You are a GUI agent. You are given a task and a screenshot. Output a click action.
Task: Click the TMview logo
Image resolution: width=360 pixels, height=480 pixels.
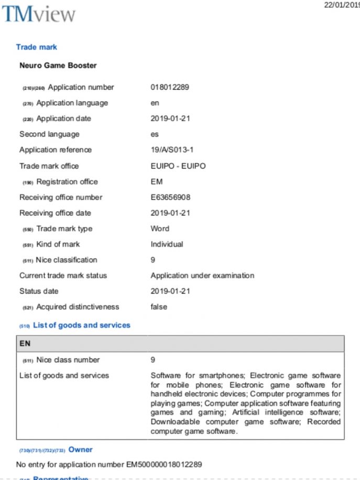pyautogui.click(x=39, y=14)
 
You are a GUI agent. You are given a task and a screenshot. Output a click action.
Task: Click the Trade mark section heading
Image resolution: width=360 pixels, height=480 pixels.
pyautogui.click(x=36, y=47)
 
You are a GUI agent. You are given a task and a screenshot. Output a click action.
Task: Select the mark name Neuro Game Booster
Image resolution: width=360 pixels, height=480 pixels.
pyautogui.click(x=58, y=66)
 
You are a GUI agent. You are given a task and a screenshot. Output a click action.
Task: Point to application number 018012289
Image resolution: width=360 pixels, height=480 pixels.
pyautogui.click(x=170, y=87)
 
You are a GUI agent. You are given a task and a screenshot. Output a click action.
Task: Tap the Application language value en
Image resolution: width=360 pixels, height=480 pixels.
pyautogui.click(x=155, y=103)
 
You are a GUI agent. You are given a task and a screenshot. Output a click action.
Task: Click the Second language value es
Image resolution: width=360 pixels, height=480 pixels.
pyautogui.click(x=155, y=134)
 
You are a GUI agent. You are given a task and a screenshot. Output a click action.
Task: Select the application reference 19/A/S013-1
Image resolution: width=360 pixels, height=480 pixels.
pyautogui.click(x=172, y=150)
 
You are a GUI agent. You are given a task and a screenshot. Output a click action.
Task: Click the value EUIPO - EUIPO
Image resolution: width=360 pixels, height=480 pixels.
pyautogui.click(x=178, y=166)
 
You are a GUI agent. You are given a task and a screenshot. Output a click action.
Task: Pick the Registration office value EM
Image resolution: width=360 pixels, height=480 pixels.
pyautogui.click(x=157, y=181)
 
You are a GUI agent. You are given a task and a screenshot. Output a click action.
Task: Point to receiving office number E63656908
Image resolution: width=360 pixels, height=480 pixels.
pyautogui.click(x=170, y=197)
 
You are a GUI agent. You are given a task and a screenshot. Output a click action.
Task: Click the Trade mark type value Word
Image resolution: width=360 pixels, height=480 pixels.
pyautogui.click(x=160, y=228)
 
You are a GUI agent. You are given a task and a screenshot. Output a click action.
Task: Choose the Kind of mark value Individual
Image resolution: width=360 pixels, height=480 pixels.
pyautogui.click(x=167, y=244)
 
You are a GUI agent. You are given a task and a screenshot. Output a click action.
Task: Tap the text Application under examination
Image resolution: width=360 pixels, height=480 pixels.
pyautogui.click(x=202, y=275)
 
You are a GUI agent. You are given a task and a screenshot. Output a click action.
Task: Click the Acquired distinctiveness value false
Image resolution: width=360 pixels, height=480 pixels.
pyautogui.click(x=159, y=307)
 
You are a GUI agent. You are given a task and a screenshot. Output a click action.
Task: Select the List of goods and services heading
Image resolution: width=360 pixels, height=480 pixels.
pyautogui.click(x=81, y=325)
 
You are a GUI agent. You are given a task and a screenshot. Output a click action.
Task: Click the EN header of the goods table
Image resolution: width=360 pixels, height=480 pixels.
pyautogui.click(x=25, y=344)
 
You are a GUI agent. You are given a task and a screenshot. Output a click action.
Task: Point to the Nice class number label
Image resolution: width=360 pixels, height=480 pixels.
pyautogui.click(x=68, y=359)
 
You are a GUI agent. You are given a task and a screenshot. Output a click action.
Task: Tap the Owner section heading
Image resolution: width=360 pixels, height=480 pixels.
pyautogui.click(x=80, y=449)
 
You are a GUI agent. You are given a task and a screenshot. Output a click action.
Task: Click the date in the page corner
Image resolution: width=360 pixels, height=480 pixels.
pyautogui.click(x=342, y=5)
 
